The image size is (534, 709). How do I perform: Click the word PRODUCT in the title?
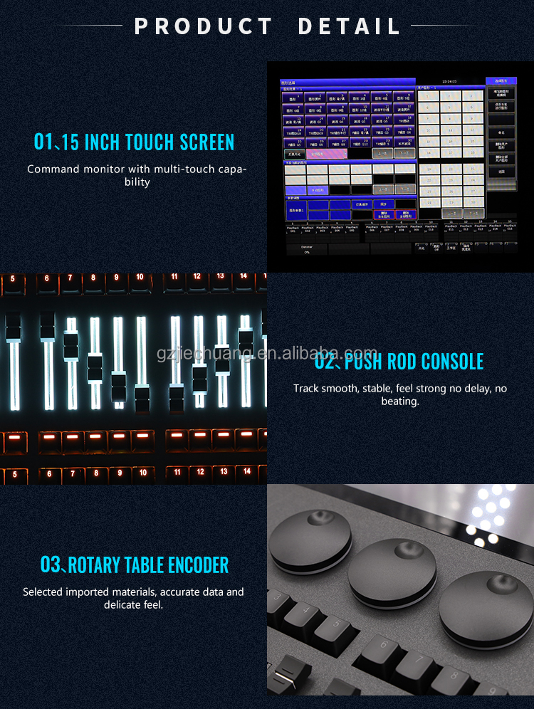[204, 26]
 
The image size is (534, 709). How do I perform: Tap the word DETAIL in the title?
[349, 26]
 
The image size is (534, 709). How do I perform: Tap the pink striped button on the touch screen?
[326, 153]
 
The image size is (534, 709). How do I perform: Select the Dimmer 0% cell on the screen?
[307, 248]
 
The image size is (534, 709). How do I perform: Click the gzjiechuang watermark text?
[267, 354]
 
